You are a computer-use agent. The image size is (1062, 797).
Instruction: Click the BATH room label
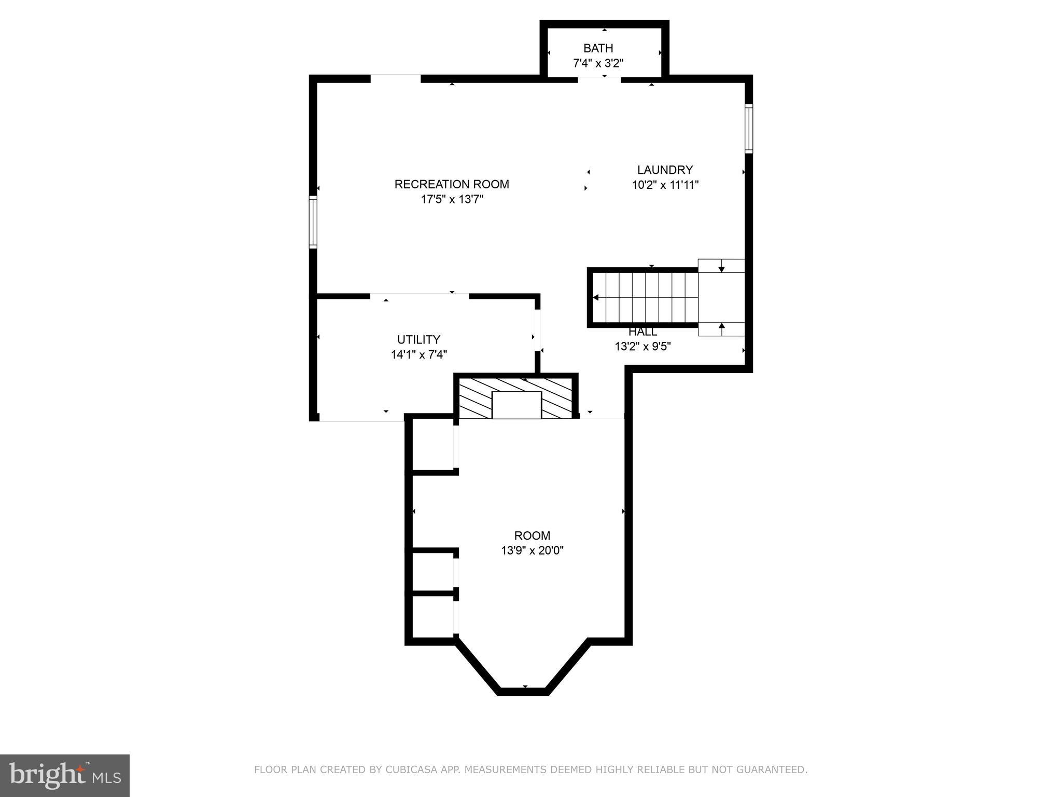(598, 48)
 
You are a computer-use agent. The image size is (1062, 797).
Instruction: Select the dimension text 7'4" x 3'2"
(598, 63)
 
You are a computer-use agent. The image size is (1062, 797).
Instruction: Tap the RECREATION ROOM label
(452, 184)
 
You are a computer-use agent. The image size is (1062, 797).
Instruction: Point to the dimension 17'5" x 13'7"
(452, 199)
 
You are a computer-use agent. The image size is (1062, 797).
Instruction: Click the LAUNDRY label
(665, 170)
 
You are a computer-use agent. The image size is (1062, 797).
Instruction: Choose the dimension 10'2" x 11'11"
(665, 185)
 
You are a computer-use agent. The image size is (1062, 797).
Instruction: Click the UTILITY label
(418, 339)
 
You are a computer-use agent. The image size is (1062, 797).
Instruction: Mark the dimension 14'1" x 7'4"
(418, 354)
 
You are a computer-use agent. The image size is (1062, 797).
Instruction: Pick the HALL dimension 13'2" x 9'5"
(642, 346)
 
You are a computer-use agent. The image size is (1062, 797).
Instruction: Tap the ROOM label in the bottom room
(532, 535)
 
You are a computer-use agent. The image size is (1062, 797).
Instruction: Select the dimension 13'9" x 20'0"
(532, 551)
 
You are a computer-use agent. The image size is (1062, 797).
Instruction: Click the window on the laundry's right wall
(748, 128)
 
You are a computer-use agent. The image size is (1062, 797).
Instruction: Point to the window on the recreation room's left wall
(313, 222)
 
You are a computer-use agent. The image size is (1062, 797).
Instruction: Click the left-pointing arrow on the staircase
(596, 297)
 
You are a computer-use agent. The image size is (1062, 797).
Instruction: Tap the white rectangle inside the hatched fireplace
(516, 405)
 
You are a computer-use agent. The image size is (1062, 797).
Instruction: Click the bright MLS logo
(65, 775)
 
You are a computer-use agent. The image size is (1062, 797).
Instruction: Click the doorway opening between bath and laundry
(599, 79)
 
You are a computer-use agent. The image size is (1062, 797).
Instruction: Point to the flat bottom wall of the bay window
(523, 691)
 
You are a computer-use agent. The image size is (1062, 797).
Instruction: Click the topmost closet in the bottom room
(432, 445)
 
